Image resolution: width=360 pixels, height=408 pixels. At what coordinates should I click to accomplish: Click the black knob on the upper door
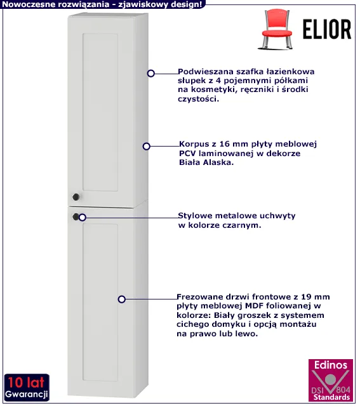76,197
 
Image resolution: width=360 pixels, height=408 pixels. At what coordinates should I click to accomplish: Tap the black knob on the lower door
76,216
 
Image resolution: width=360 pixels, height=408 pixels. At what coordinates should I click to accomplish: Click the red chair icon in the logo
276,29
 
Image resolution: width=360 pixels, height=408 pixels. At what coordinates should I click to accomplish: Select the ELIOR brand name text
327,29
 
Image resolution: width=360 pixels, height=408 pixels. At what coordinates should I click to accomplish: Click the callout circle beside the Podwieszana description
150,74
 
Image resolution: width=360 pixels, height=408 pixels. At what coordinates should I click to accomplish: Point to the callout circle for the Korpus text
146,146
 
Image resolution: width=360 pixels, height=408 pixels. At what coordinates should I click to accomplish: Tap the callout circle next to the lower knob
83,217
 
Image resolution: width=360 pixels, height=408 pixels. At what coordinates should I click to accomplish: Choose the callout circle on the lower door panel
121,299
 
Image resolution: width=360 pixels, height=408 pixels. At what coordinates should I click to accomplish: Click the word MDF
255,306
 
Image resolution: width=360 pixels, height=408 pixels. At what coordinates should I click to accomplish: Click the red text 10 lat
26,383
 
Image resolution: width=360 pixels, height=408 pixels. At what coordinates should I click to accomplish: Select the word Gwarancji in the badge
26,395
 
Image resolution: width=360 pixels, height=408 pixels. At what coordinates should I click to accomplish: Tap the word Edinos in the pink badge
331,365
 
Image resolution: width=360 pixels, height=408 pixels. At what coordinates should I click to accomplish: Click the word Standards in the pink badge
331,397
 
